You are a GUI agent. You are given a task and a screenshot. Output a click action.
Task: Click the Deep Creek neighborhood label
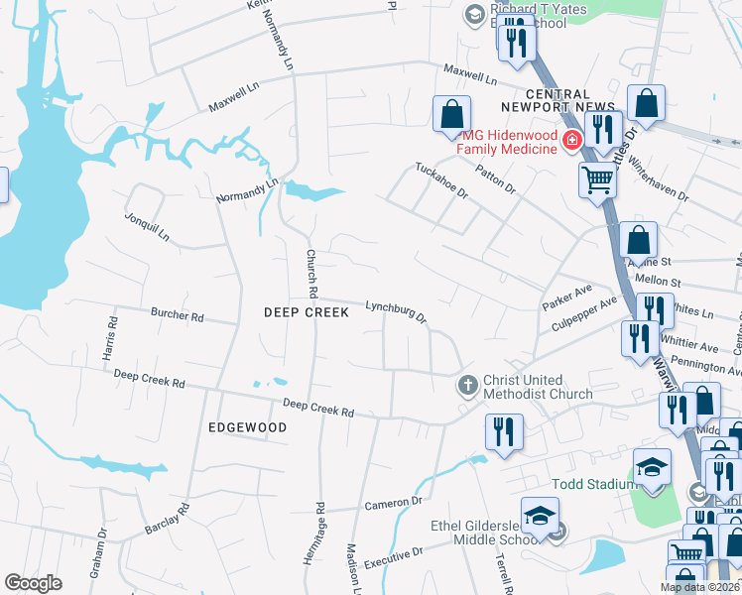click(x=307, y=312)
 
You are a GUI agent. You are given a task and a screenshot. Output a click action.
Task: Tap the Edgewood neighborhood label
click(x=247, y=427)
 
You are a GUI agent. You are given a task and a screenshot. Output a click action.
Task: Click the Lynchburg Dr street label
click(x=395, y=311)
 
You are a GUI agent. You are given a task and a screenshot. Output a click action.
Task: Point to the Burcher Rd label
click(x=177, y=316)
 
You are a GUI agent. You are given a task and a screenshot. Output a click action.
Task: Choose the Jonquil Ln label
click(x=147, y=226)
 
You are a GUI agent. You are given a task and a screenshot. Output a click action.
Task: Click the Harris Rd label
click(x=111, y=336)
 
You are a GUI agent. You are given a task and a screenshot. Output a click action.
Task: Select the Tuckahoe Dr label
click(x=441, y=180)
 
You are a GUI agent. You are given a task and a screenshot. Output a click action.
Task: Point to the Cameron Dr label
click(x=394, y=504)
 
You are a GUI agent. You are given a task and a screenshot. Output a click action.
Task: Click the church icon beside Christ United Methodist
click(x=468, y=384)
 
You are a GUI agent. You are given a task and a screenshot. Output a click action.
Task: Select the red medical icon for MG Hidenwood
click(x=570, y=141)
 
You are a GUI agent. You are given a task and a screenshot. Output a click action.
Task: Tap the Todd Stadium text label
click(x=593, y=484)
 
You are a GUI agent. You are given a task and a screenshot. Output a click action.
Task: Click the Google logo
click(x=33, y=582)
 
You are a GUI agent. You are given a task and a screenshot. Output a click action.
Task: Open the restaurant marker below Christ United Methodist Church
click(x=504, y=432)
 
